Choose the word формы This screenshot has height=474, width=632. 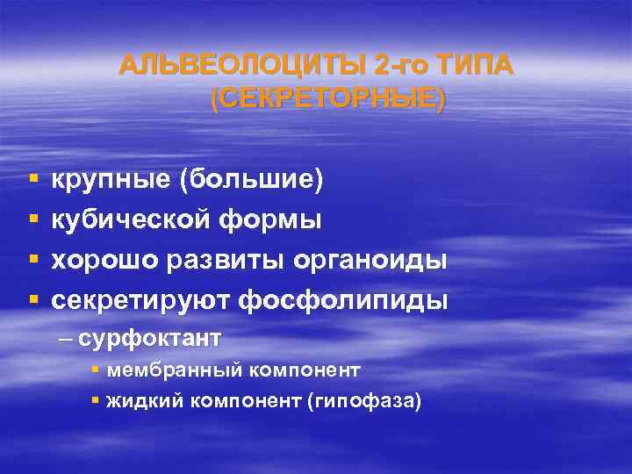277,220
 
